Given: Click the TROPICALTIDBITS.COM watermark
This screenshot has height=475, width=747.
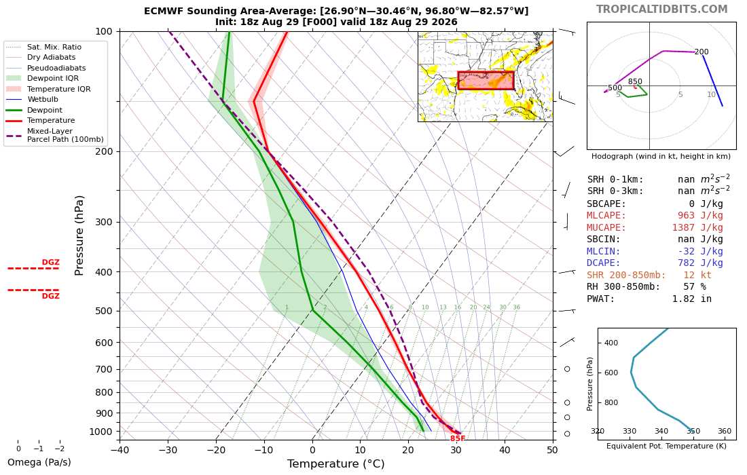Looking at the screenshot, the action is [661, 9].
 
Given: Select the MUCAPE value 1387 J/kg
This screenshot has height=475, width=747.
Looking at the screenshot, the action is [697, 227].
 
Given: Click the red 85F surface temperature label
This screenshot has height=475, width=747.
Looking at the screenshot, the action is [457, 438].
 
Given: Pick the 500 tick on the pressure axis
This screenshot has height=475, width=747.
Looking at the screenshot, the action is [104, 311].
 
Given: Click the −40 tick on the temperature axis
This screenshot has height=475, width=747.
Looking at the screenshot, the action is [120, 450].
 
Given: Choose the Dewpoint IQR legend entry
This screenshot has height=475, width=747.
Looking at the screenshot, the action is [42, 78].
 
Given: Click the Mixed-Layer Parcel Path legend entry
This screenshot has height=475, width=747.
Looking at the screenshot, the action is [55, 135].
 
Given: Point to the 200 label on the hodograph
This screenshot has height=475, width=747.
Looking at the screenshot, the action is [702, 52].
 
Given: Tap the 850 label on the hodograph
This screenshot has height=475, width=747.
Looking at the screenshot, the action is [635, 81].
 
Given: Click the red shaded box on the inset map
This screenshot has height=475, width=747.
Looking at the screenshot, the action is [486, 81].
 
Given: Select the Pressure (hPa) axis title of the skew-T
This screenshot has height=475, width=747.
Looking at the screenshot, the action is [79, 235].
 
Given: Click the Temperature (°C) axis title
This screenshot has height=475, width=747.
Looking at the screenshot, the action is [336, 463].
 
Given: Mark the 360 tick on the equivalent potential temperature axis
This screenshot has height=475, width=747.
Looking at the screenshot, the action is [724, 431].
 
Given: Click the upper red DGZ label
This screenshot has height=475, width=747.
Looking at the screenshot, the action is [50, 262].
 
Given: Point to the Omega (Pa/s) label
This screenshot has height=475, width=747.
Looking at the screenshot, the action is [39, 462].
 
